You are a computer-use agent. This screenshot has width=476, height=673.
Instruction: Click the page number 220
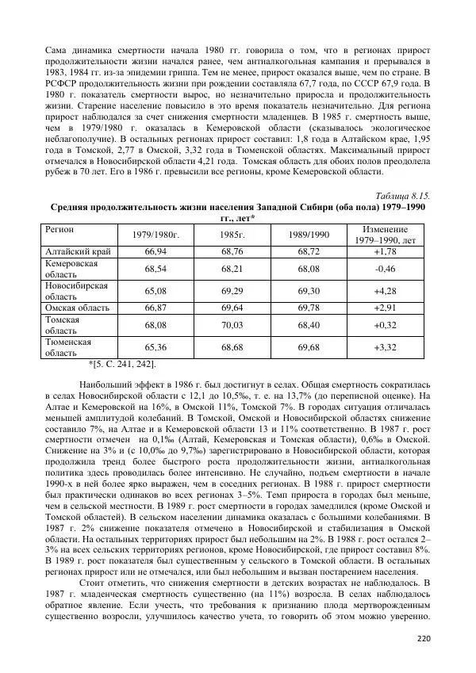point(422,639)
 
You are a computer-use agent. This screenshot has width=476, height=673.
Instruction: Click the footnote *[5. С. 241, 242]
point(121,364)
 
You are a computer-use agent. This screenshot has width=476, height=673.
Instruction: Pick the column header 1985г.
point(233,235)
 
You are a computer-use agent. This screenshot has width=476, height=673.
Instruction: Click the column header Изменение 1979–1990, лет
point(385,234)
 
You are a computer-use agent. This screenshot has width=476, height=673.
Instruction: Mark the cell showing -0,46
point(385,268)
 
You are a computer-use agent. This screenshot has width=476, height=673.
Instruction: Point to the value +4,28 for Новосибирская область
point(385,290)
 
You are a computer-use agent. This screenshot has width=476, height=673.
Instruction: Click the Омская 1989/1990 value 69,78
point(309,307)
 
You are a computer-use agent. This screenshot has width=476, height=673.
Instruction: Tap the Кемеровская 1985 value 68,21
point(233,268)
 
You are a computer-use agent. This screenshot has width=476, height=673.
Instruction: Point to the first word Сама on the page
point(55,40)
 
